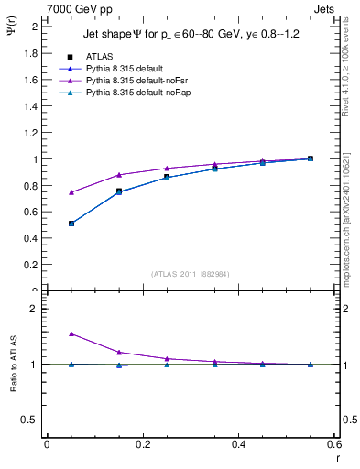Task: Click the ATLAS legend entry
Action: point(98,56)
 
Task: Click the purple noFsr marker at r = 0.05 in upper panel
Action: point(71,192)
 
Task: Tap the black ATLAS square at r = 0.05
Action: point(71,224)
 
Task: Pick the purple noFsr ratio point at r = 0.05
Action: point(71,334)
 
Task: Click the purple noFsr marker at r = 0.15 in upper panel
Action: point(119,175)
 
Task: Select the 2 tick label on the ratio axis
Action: point(35,310)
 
